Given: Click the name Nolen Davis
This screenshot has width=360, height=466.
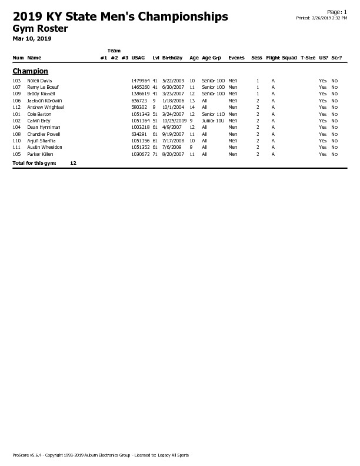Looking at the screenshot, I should tap(40, 81).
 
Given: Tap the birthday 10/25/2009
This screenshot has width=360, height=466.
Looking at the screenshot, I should tap(174, 121).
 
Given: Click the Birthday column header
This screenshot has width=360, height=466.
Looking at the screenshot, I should tap(172, 58).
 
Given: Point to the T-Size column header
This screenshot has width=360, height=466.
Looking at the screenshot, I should tap(308, 58).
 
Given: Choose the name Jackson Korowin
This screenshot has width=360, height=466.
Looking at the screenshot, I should tap(45, 101).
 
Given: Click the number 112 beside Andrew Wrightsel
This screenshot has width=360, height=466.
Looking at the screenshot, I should tap(16, 107).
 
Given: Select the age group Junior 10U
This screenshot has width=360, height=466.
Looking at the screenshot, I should tap(213, 121).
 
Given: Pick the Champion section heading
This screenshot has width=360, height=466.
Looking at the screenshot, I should tap(30, 71).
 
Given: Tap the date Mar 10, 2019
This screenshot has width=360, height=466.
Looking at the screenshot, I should tap(32, 39).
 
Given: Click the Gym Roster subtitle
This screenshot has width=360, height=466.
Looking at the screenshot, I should tap(40, 28).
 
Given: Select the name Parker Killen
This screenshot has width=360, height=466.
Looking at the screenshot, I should tap(40, 154).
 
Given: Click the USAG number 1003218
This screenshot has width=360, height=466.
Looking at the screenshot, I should tap(140, 127).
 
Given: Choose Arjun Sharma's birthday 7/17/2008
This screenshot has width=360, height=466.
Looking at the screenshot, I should tap(173, 141).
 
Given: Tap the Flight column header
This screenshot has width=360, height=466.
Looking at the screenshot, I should tap(273, 58).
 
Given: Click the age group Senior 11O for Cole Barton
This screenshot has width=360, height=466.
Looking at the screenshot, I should tap(213, 114).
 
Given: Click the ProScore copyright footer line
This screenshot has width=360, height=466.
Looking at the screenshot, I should tap(101, 455).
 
